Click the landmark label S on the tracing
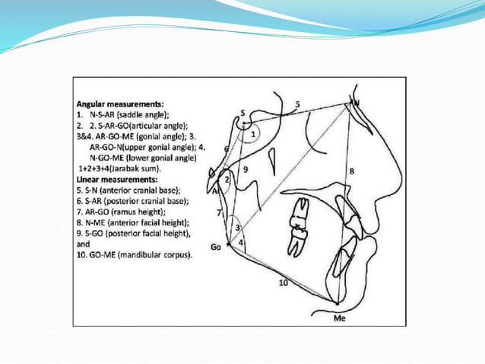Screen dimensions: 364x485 (242, 113)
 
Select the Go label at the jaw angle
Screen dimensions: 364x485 (216, 247)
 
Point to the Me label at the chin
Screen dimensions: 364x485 (339, 318)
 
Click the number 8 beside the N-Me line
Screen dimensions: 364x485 (351, 172)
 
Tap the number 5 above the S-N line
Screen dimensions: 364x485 (297, 104)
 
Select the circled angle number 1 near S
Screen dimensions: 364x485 (252, 134)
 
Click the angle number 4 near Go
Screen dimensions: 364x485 (241, 243)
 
